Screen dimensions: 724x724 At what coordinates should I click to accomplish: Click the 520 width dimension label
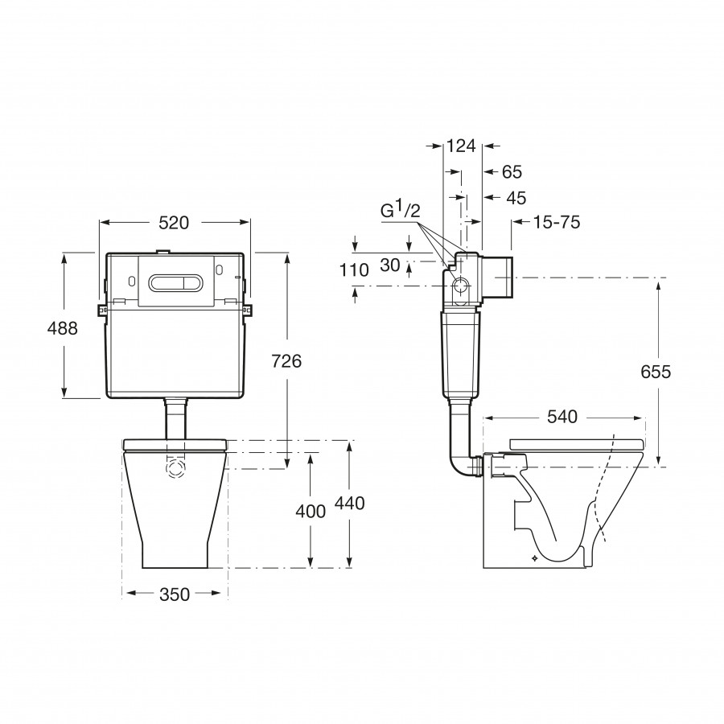click(174, 223)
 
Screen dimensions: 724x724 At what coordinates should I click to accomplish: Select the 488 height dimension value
click(63, 329)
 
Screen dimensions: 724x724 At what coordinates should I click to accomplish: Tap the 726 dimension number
click(286, 361)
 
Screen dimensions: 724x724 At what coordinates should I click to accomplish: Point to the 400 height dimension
click(311, 512)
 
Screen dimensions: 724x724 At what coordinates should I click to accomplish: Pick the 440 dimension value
click(350, 503)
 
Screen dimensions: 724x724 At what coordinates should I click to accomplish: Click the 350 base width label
click(175, 594)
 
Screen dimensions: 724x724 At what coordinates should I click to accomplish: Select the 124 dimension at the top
click(461, 146)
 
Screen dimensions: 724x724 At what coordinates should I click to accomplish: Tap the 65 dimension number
click(512, 172)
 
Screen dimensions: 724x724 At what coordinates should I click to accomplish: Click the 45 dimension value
click(516, 198)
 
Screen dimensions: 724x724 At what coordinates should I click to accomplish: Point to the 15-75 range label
click(557, 223)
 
